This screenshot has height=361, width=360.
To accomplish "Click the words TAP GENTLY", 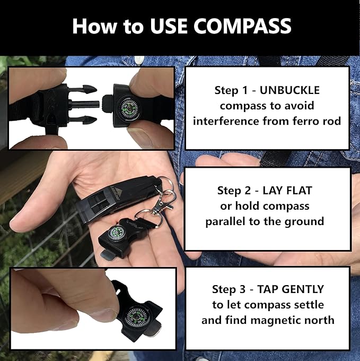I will coord(291,289).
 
